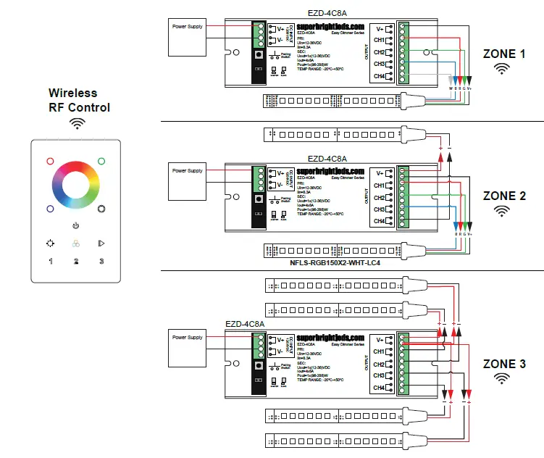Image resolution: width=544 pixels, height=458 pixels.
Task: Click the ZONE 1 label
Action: pyautogui.click(x=504, y=54)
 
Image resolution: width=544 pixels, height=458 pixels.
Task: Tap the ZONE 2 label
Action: pyautogui.click(x=504, y=196)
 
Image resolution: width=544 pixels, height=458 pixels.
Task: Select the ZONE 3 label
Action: pyautogui.click(x=504, y=364)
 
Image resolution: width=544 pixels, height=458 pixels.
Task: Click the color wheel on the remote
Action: pyautogui.click(x=76, y=182)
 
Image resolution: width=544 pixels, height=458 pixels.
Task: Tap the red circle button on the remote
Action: pyautogui.click(x=50, y=162)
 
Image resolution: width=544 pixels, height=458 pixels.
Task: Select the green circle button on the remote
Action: pyautogui.click(x=102, y=162)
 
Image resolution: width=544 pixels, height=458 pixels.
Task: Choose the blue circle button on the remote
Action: pyautogui.click(x=50, y=209)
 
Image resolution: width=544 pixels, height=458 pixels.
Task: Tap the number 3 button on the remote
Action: pyautogui.click(x=102, y=261)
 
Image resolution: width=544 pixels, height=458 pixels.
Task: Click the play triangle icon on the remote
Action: pyautogui.click(x=101, y=243)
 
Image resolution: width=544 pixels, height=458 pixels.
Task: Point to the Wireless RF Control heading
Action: pyautogui.click(x=79, y=100)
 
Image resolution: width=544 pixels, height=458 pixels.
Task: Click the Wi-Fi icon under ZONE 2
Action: pyautogui.click(x=501, y=211)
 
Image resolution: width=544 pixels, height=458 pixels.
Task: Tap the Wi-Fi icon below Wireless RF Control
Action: pyautogui.click(x=77, y=123)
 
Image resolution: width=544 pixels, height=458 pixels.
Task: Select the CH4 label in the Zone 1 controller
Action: pyautogui.click(x=379, y=76)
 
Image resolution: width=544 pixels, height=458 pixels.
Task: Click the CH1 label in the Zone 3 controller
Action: pyautogui.click(x=379, y=351)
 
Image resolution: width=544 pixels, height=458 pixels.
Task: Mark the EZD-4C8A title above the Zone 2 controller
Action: pyautogui.click(x=327, y=158)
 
